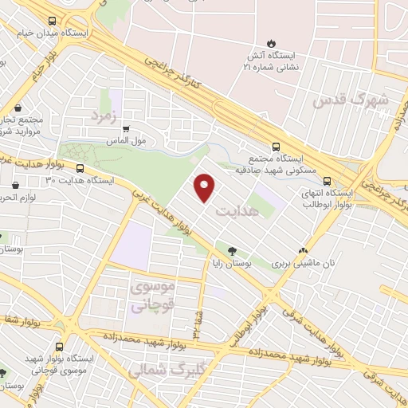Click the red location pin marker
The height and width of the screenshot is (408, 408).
click(x=206, y=187)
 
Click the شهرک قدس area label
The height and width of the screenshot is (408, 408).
click(x=350, y=100)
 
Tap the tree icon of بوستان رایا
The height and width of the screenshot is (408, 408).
click(x=232, y=249)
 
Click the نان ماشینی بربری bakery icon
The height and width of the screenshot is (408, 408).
click(x=302, y=249)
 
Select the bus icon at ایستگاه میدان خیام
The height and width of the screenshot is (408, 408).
click(x=52, y=22)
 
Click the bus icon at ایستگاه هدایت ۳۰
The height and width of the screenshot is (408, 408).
click(x=80, y=168)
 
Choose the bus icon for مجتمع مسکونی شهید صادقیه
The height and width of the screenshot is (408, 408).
click(x=276, y=147)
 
